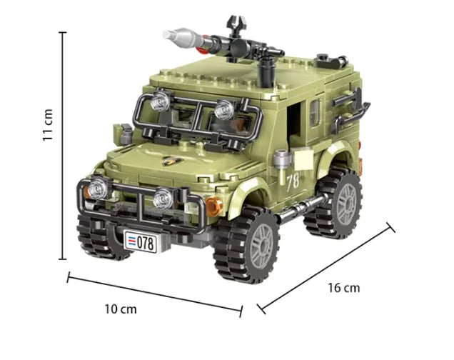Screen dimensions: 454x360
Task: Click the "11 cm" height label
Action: (x=48, y=125)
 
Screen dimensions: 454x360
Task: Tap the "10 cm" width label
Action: (x=121, y=309)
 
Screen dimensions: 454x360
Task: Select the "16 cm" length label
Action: (x=344, y=288)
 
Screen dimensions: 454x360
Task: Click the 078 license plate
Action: (x=141, y=241)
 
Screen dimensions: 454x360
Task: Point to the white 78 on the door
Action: (x=293, y=183)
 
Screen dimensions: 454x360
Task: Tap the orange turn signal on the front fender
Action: (x=214, y=206)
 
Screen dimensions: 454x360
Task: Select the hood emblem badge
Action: (x=172, y=161)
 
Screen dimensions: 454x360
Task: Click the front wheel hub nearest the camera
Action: (x=261, y=245)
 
